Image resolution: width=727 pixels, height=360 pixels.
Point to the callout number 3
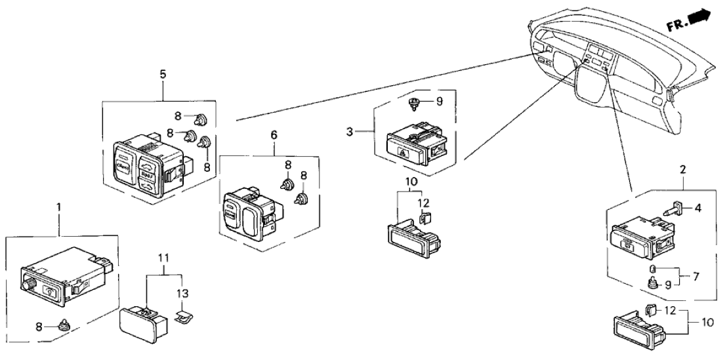[x=351, y=132]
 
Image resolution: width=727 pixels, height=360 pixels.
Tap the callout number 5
[x=163, y=74]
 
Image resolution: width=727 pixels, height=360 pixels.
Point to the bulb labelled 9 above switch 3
[x=415, y=102]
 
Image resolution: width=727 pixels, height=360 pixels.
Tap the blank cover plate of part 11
[x=136, y=323]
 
